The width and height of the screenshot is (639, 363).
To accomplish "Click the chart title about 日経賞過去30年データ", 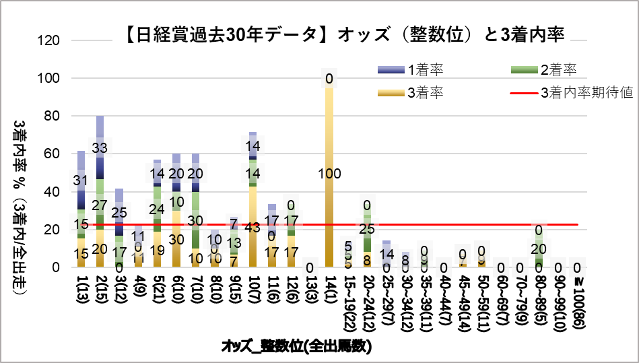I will coord(344,34).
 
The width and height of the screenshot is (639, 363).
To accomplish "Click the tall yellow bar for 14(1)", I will coord(329,202).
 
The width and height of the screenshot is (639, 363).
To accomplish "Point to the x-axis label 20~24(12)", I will coord(368,297).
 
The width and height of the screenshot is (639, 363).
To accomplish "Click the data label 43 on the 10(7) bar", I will coord(253,228).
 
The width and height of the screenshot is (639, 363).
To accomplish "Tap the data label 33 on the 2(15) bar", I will coord(100,147).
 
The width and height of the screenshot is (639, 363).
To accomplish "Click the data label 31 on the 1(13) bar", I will coord(81,180).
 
